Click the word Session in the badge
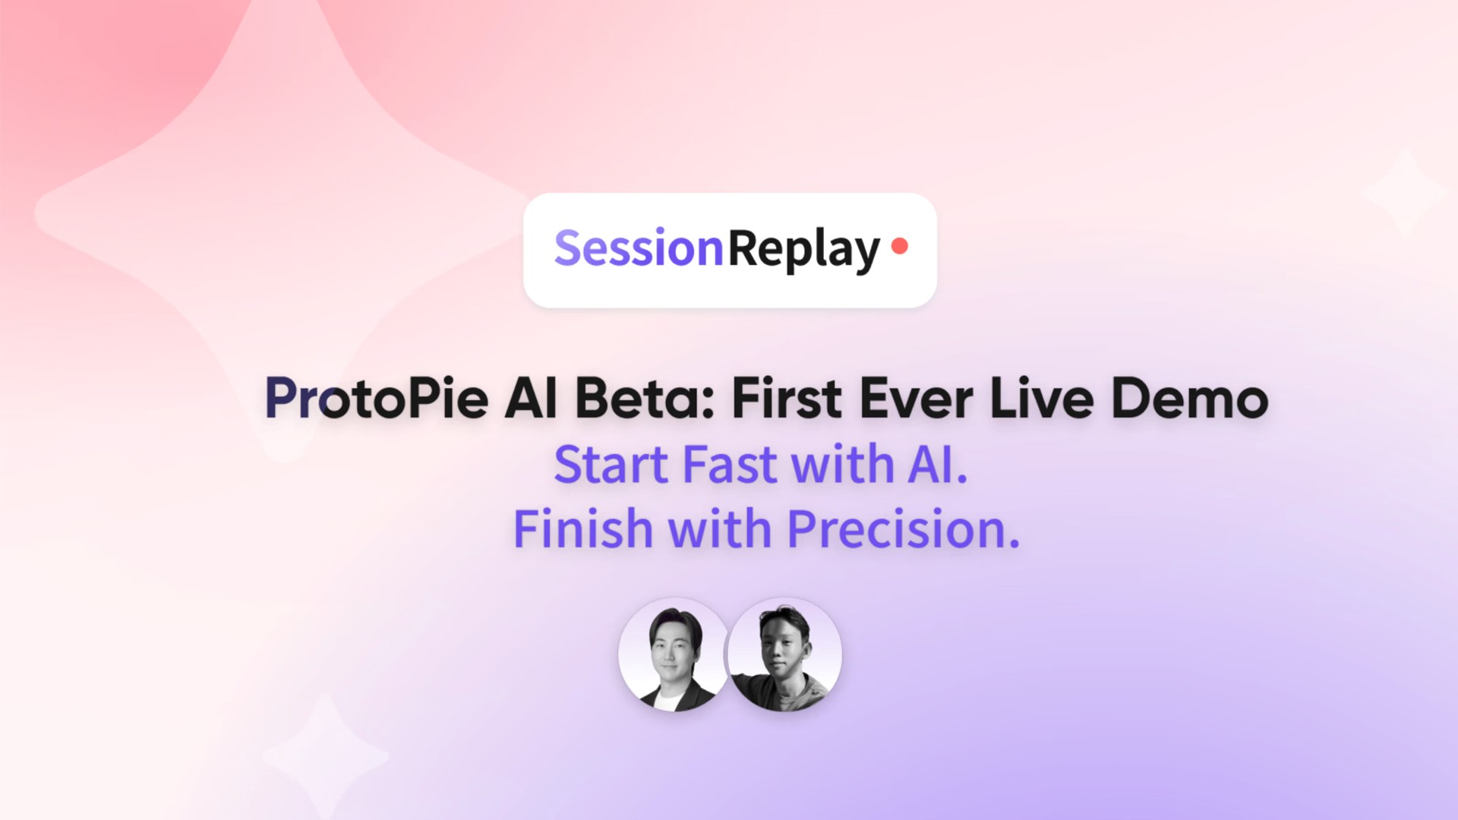point(638,249)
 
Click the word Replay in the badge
point(803,249)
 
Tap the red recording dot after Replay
point(900,246)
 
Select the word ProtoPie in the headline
point(376,399)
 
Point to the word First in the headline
point(786,399)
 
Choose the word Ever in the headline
point(916,399)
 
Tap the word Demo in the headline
point(1189,399)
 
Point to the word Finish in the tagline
point(582,529)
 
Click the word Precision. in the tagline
point(904,529)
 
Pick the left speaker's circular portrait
point(673,654)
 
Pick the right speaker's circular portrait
point(785,654)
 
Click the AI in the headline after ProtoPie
point(531,399)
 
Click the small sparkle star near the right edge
point(1403,193)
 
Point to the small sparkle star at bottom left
point(325,756)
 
